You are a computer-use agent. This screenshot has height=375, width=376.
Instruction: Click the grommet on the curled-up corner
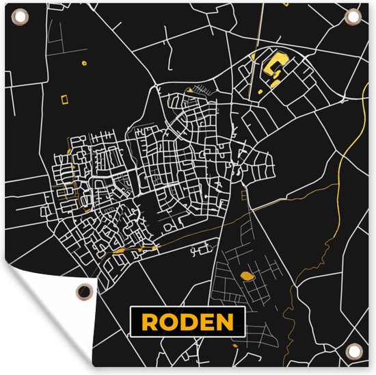pyautogui.click(x=83, y=289)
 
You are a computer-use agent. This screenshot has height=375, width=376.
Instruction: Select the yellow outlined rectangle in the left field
pyautogui.click(x=66, y=101)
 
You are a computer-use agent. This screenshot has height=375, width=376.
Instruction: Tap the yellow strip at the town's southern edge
pyautogui.click(x=126, y=250)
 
